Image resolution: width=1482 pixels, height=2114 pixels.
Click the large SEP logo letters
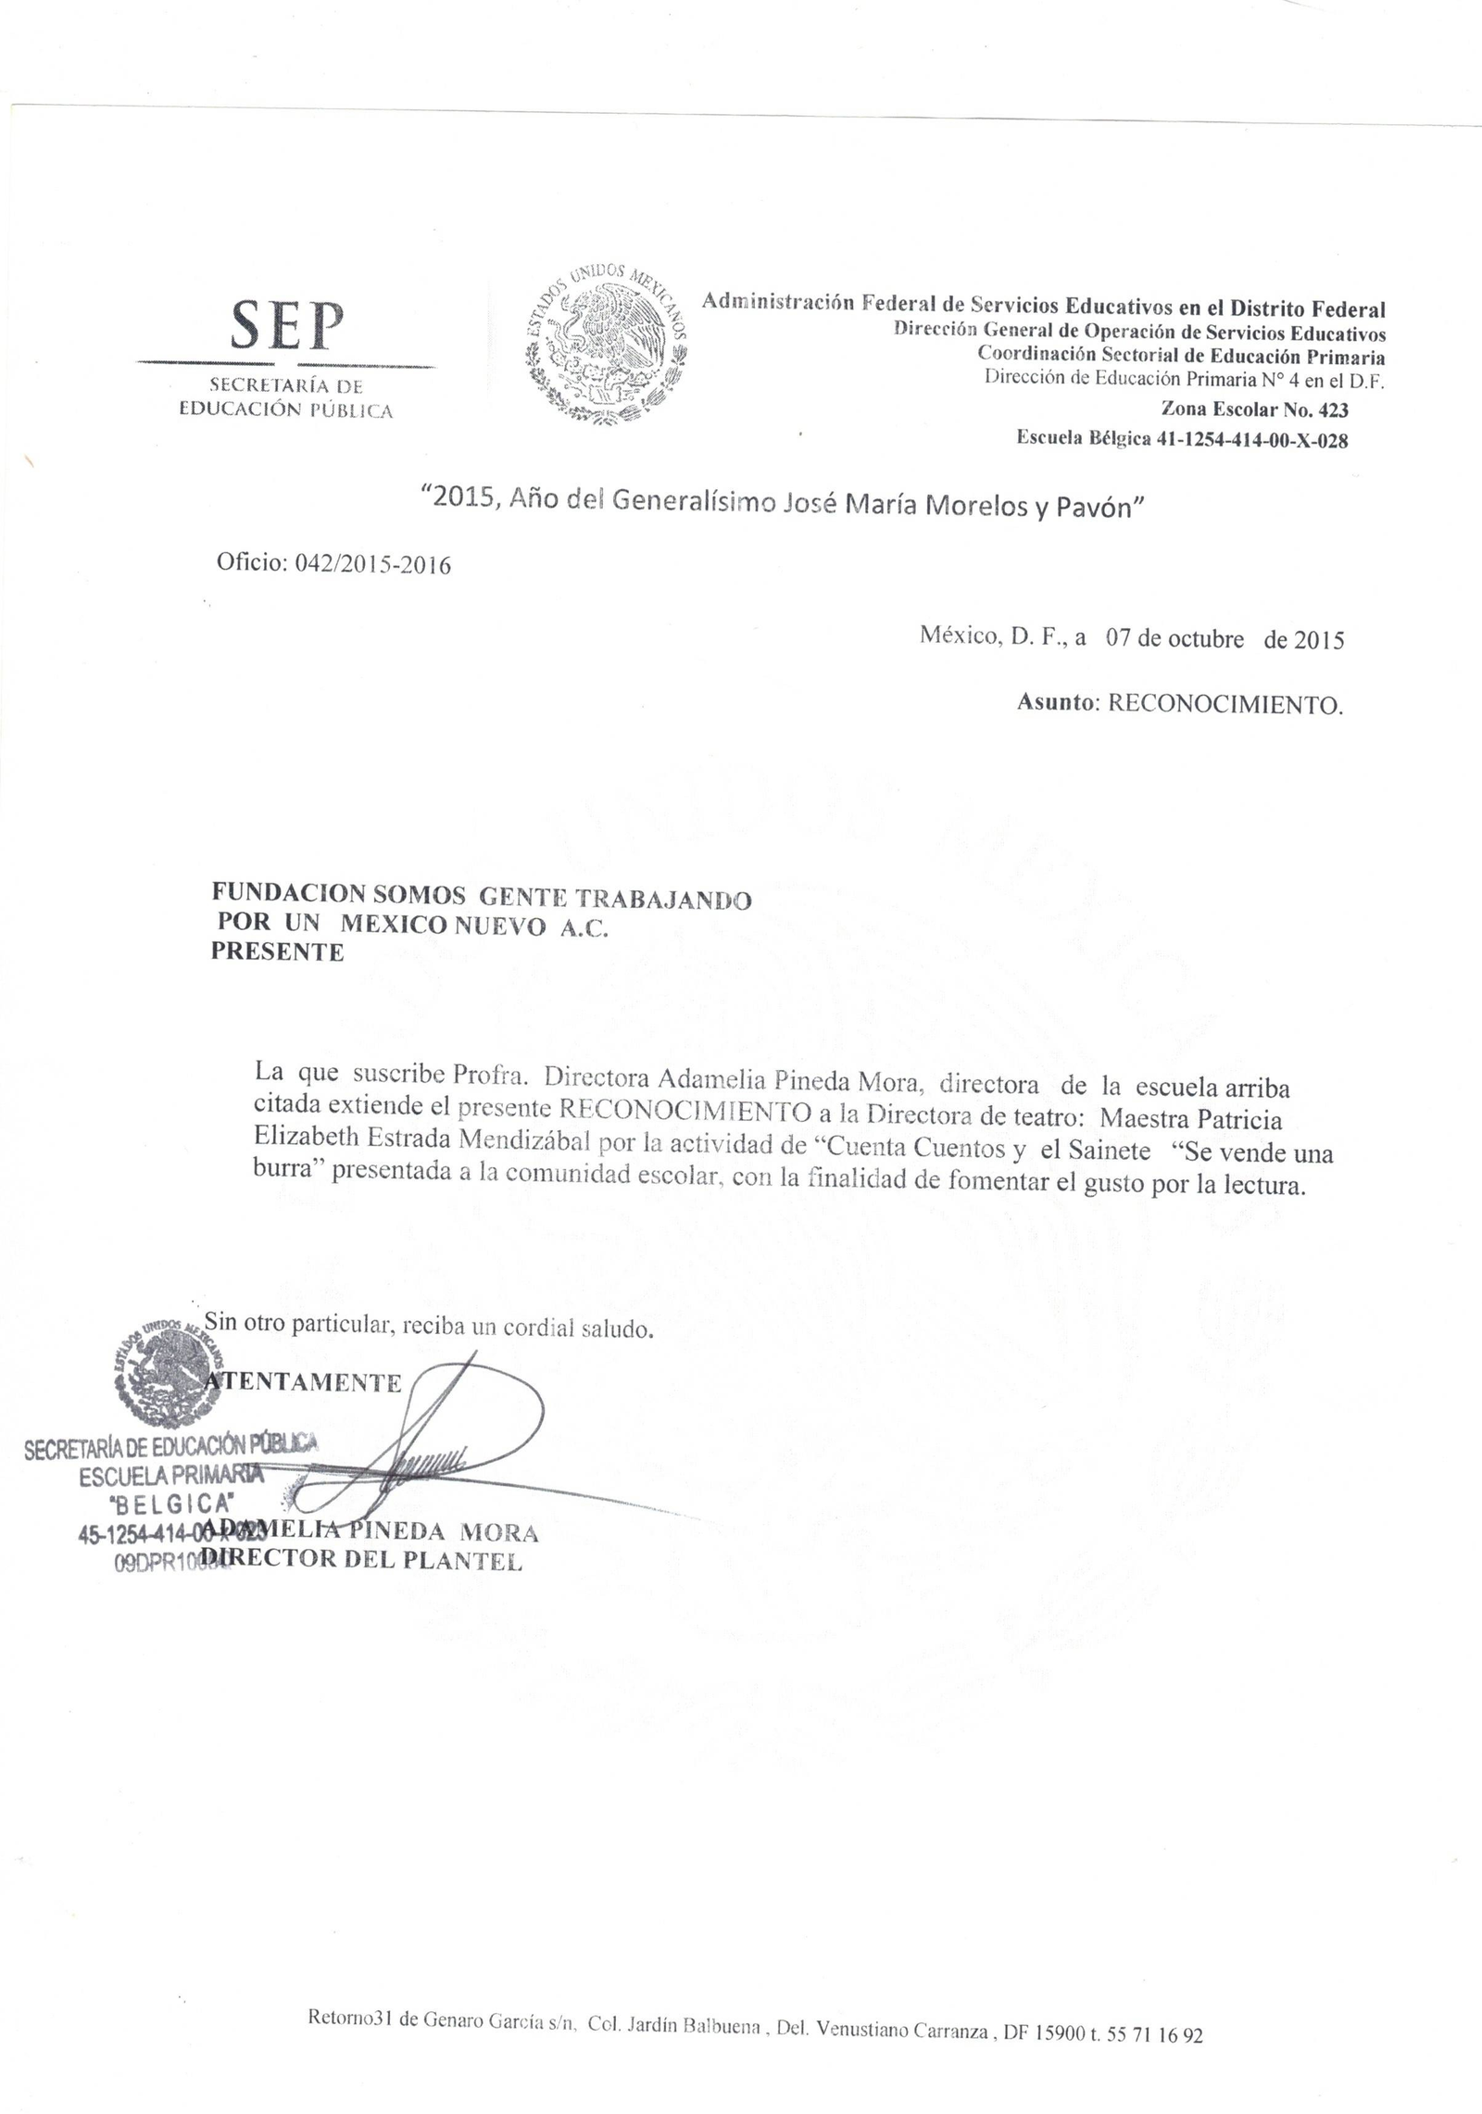285,325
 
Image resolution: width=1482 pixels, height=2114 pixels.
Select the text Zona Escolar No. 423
1254,409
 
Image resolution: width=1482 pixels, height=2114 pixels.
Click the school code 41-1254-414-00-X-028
1252,440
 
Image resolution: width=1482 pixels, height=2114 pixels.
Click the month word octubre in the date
1205,639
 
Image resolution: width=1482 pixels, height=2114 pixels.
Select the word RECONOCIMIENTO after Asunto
1225,705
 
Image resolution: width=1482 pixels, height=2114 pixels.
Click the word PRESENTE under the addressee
278,952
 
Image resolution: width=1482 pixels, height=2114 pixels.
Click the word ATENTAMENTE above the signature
304,1383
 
